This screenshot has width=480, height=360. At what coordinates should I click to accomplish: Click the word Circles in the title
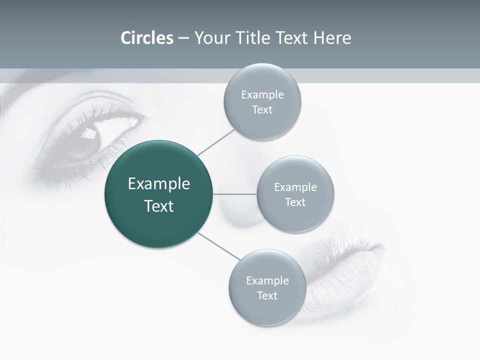click(x=146, y=38)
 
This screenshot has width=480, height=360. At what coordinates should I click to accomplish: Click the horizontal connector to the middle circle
click(x=235, y=194)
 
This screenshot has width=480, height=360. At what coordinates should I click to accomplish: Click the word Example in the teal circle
click(x=159, y=184)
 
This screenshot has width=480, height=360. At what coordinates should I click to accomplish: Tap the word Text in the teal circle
click(x=159, y=206)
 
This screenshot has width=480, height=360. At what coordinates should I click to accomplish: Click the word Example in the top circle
click(x=262, y=95)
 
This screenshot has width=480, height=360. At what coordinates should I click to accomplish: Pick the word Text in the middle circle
click(x=295, y=202)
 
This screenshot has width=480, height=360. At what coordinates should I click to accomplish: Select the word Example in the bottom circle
click(x=267, y=280)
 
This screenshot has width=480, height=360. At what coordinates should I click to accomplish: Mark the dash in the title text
click(x=183, y=38)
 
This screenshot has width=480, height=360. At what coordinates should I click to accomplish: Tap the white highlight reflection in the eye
click(x=89, y=133)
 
